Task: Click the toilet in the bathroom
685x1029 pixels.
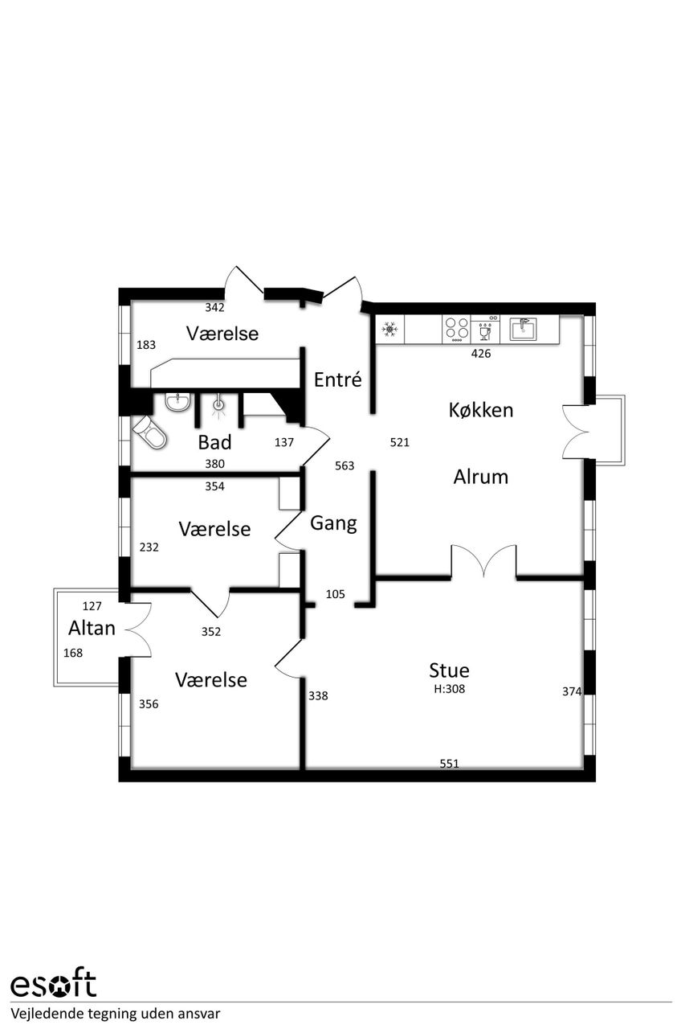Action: (x=149, y=432)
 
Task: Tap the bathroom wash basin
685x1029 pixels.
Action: (x=177, y=402)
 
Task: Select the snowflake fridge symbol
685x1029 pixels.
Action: (x=389, y=330)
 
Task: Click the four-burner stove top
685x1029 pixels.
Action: (x=456, y=329)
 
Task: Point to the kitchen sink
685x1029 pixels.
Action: (x=523, y=329)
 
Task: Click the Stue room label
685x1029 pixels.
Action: (x=449, y=670)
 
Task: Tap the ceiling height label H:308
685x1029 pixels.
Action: (x=449, y=689)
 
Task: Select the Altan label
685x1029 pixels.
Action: (x=92, y=628)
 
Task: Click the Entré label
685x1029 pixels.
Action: (x=338, y=379)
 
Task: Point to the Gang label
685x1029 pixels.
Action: (x=333, y=523)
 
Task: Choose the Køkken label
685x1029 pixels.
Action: (x=481, y=410)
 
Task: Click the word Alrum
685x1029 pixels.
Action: (x=481, y=477)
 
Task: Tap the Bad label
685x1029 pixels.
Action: (x=214, y=442)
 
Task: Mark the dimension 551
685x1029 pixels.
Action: (x=449, y=764)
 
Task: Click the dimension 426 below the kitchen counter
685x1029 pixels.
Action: (x=481, y=353)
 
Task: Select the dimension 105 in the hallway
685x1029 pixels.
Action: (x=335, y=594)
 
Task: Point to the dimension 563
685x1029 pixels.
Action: (x=345, y=465)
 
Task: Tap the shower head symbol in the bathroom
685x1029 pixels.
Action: (x=219, y=405)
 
